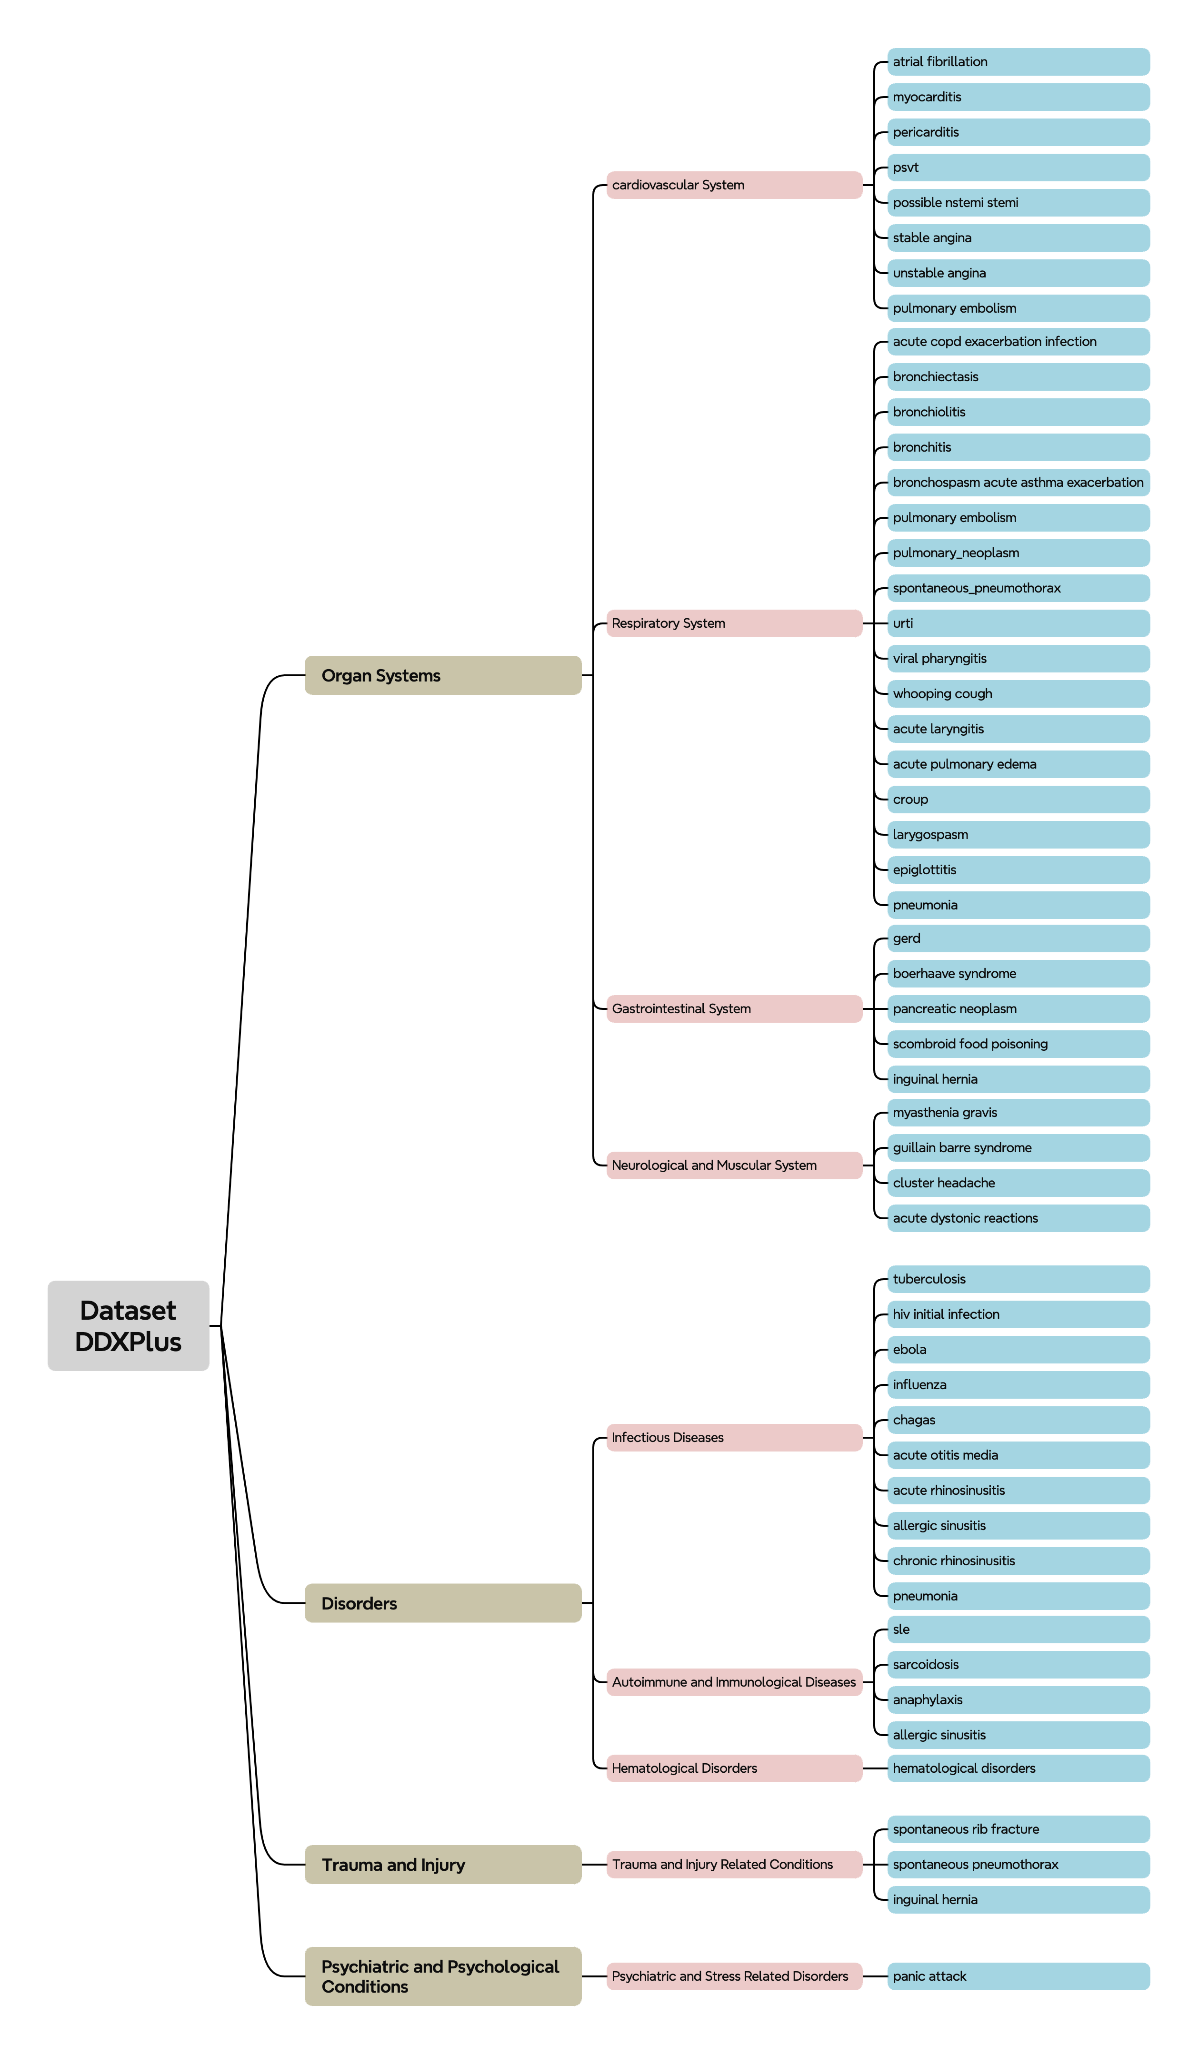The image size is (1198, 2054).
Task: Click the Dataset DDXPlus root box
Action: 128,1325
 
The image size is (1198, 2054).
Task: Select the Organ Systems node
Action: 443,676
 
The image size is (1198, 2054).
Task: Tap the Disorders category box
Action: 443,1603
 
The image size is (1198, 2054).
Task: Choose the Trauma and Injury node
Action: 443,1865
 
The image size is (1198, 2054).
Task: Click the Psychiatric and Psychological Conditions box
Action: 443,1976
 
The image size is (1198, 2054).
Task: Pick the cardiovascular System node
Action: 734,185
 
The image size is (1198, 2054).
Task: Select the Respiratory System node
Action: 734,623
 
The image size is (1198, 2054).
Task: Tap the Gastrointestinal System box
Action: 734,1009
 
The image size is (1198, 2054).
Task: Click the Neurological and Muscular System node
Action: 734,1165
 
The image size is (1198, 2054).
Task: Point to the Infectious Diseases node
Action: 734,1438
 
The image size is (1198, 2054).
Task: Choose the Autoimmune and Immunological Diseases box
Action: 734,1682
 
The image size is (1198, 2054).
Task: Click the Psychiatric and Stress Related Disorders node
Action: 734,1976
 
